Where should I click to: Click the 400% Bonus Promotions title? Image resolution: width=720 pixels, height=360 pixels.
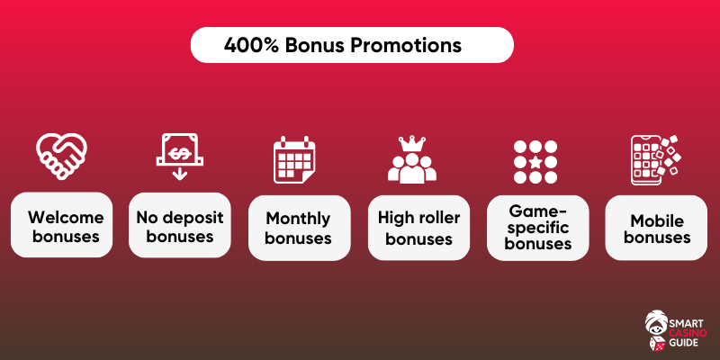pos(343,45)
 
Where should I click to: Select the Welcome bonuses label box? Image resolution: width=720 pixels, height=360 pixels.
pos(61,224)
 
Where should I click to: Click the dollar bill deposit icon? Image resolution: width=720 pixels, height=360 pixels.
pos(179,149)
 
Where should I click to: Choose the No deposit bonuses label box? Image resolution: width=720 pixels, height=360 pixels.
pos(179,224)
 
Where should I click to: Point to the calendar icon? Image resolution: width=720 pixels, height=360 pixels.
pos(294,160)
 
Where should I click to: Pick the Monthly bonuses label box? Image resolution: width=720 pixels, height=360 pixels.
pos(299,228)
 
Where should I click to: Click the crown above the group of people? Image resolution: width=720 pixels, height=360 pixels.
pos(412,143)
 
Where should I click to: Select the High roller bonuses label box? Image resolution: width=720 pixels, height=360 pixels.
pos(418,228)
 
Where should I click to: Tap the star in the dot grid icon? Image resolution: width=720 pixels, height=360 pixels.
pos(535,162)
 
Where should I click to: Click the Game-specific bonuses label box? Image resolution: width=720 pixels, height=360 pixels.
pos(537,228)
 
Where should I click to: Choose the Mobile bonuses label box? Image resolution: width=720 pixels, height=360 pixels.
pos(656,228)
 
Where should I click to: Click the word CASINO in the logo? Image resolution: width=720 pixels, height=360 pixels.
pos(688,332)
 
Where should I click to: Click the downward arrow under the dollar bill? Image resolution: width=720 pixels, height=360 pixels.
pos(179,173)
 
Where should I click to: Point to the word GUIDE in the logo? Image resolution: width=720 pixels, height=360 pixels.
pos(685,343)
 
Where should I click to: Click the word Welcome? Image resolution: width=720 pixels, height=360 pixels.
pos(66,216)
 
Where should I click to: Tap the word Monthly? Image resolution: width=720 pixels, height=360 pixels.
pos(298,220)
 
